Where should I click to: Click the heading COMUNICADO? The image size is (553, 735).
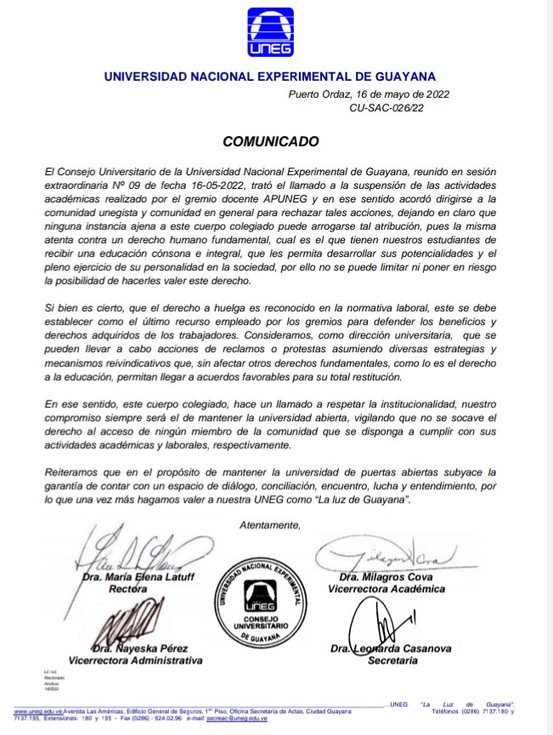[270, 140]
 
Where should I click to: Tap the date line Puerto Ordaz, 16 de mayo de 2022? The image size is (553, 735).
[374, 94]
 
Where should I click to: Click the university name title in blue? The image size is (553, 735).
[269, 77]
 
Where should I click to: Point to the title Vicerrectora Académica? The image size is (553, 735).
[387, 589]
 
